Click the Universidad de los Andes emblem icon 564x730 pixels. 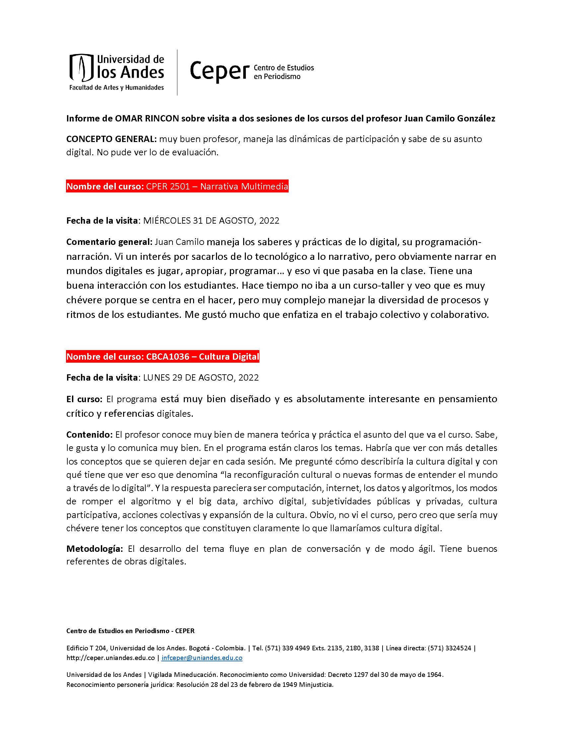(x=81, y=68)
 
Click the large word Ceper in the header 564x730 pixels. (x=219, y=71)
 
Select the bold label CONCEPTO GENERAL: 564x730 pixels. (x=111, y=139)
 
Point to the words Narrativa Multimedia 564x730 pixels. (x=244, y=186)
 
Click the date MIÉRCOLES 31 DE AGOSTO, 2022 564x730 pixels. (x=211, y=221)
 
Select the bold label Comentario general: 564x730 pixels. (x=109, y=242)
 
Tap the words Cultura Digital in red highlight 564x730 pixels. (x=229, y=357)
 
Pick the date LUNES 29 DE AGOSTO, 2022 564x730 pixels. (x=201, y=378)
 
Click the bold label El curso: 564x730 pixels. (x=84, y=399)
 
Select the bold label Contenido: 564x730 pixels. (x=89, y=435)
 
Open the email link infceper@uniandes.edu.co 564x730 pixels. (x=202, y=658)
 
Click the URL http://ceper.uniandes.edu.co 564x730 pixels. (x=110, y=658)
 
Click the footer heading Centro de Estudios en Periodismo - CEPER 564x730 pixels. (x=130, y=631)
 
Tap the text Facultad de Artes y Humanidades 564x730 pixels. (x=116, y=88)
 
